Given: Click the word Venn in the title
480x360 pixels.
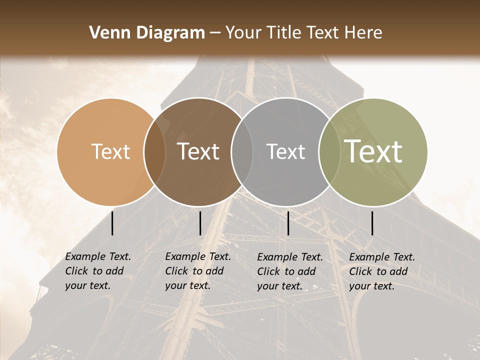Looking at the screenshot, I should (108, 33).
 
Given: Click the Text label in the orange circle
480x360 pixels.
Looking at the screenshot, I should (110, 151).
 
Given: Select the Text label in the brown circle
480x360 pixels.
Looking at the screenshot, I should (198, 151).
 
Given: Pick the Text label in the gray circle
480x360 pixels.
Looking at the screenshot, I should (285, 151).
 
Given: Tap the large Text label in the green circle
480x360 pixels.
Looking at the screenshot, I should (373, 151).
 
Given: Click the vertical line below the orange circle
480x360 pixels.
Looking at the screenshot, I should (112, 223).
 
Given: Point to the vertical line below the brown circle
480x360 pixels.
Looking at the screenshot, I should (200, 223).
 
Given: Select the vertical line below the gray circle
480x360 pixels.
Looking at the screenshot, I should (288, 223).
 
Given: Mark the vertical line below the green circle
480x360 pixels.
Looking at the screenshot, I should (372, 223).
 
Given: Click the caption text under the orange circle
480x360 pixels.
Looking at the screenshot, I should (98, 271).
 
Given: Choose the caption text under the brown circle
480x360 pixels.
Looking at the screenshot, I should (198, 271).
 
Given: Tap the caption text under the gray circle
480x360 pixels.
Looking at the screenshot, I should (290, 271).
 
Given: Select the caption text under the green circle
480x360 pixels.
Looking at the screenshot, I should (382, 271).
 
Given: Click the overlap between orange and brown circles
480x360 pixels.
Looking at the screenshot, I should (154, 151).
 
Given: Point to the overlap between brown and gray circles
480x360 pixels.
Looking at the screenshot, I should (242, 151).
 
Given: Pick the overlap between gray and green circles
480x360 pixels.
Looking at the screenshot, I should (329, 151).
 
